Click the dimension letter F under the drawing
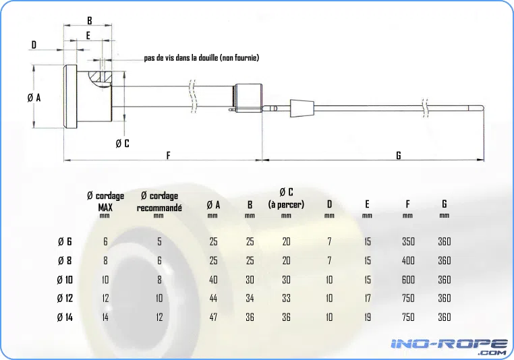pyautogui.click(x=168, y=155)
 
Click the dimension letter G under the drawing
pyautogui.click(x=399, y=155)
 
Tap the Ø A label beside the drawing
pyautogui.click(x=34, y=97)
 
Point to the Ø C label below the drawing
pyautogui.click(x=123, y=143)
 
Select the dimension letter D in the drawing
pyautogui.click(x=34, y=44)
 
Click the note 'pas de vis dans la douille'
pyautogui.click(x=181, y=58)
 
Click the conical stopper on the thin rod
pyautogui.click(x=302, y=108)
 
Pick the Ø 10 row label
pyautogui.click(x=65, y=280)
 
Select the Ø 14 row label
pyautogui.click(x=65, y=317)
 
